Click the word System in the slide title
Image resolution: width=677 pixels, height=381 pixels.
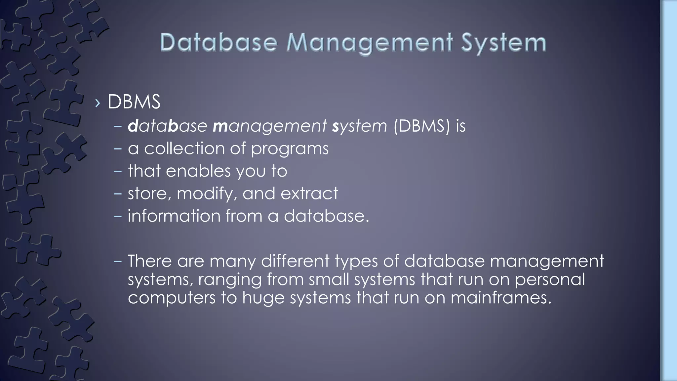[503, 43]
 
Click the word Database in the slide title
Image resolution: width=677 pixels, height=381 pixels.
[219, 43]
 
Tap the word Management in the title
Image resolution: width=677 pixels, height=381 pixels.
[369, 44]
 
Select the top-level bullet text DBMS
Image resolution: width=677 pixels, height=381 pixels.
[134, 102]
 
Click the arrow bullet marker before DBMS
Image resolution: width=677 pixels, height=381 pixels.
[97, 103]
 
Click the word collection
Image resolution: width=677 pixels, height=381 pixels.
[184, 148]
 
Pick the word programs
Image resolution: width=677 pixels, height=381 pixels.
[290, 149]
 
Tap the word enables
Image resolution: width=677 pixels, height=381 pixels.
[198, 171]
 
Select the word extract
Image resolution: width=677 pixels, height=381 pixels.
[309, 193]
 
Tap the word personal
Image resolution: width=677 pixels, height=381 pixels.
[550, 279]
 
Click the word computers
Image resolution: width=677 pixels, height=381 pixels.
[172, 298]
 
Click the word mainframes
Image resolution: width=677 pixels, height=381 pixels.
[500, 297]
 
